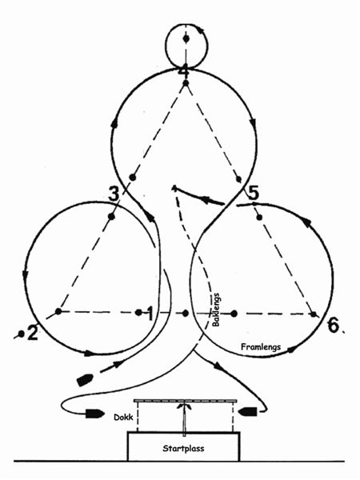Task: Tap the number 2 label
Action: (x=33, y=333)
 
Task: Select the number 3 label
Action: (x=114, y=194)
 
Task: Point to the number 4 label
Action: (x=185, y=73)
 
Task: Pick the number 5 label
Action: (x=253, y=194)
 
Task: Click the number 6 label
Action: (x=334, y=325)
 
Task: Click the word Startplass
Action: (x=183, y=449)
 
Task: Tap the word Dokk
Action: (x=123, y=418)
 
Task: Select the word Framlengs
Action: (x=261, y=347)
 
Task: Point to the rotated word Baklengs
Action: (x=216, y=310)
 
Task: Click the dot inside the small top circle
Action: (x=186, y=39)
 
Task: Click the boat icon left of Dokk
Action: (x=94, y=414)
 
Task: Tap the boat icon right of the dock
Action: (x=248, y=411)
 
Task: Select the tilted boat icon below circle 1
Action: (x=85, y=380)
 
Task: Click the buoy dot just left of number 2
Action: (x=21, y=334)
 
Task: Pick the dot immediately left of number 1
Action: (x=138, y=313)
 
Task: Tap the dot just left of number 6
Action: (x=314, y=314)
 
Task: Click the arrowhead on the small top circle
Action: (x=200, y=30)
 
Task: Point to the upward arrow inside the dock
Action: (x=184, y=419)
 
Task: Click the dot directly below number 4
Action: (x=186, y=83)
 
